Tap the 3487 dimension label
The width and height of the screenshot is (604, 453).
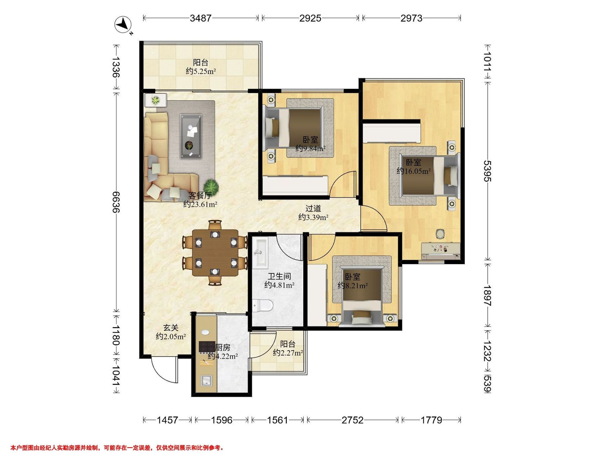coord(201,18)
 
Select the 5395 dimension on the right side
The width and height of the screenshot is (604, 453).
coord(487,171)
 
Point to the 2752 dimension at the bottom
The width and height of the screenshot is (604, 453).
coord(353,420)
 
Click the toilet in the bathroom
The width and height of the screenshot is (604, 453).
coord(263,306)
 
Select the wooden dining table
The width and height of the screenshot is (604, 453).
coord(215,253)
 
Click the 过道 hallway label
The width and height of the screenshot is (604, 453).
coord(313,209)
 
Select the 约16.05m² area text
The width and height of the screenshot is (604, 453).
coord(414,171)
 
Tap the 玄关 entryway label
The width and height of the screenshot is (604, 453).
coord(171,327)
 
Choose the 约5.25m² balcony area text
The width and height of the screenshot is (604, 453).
coord(201,71)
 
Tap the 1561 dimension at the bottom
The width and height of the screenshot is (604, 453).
coord(277,420)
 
